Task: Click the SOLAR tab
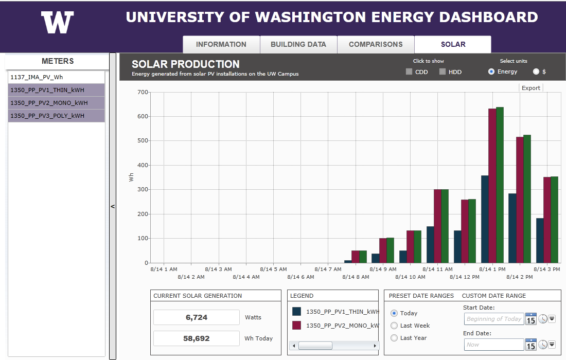click(453, 44)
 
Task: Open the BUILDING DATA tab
click(298, 44)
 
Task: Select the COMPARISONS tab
click(376, 44)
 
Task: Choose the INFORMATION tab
click(221, 44)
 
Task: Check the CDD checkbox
click(409, 72)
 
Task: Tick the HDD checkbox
click(443, 72)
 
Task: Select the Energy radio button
click(491, 71)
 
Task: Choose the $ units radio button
click(536, 71)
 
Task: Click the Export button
click(531, 88)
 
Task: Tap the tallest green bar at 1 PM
click(500, 185)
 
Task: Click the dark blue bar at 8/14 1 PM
click(485, 219)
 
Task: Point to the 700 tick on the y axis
click(143, 92)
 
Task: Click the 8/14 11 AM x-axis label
click(438, 269)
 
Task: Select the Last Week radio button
click(395, 326)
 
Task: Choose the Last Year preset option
click(395, 338)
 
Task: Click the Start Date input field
click(493, 319)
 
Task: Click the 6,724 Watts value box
click(197, 317)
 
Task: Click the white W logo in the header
click(57, 23)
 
